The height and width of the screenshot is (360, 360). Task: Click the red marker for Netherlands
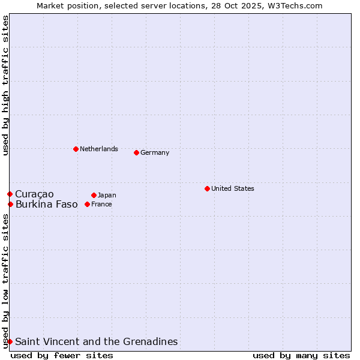(x=76, y=149)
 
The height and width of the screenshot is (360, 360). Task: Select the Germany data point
(x=136, y=152)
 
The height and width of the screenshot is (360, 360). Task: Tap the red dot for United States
(x=207, y=188)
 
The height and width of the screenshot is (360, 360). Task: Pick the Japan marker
(x=94, y=195)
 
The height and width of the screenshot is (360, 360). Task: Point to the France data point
(x=87, y=204)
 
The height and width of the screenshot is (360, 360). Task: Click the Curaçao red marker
(x=10, y=194)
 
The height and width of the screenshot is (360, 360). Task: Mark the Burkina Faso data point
(x=10, y=204)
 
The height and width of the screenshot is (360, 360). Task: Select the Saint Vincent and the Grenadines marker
(x=10, y=341)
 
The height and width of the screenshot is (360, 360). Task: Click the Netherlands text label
(x=99, y=149)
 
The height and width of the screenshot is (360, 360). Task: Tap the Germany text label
(x=155, y=152)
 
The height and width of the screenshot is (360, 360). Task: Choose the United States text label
(x=233, y=188)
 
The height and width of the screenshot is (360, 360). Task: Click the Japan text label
(x=107, y=195)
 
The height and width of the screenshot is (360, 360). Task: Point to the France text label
(x=101, y=204)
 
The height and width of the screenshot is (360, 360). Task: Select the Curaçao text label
(x=34, y=194)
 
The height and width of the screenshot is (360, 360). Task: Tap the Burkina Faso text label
(x=47, y=204)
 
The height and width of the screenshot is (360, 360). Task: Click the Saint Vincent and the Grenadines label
(x=97, y=341)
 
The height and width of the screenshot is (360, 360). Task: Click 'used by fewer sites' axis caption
(x=62, y=355)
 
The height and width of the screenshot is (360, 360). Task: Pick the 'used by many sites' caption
(x=301, y=355)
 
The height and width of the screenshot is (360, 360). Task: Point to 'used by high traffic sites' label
(x=5, y=85)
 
